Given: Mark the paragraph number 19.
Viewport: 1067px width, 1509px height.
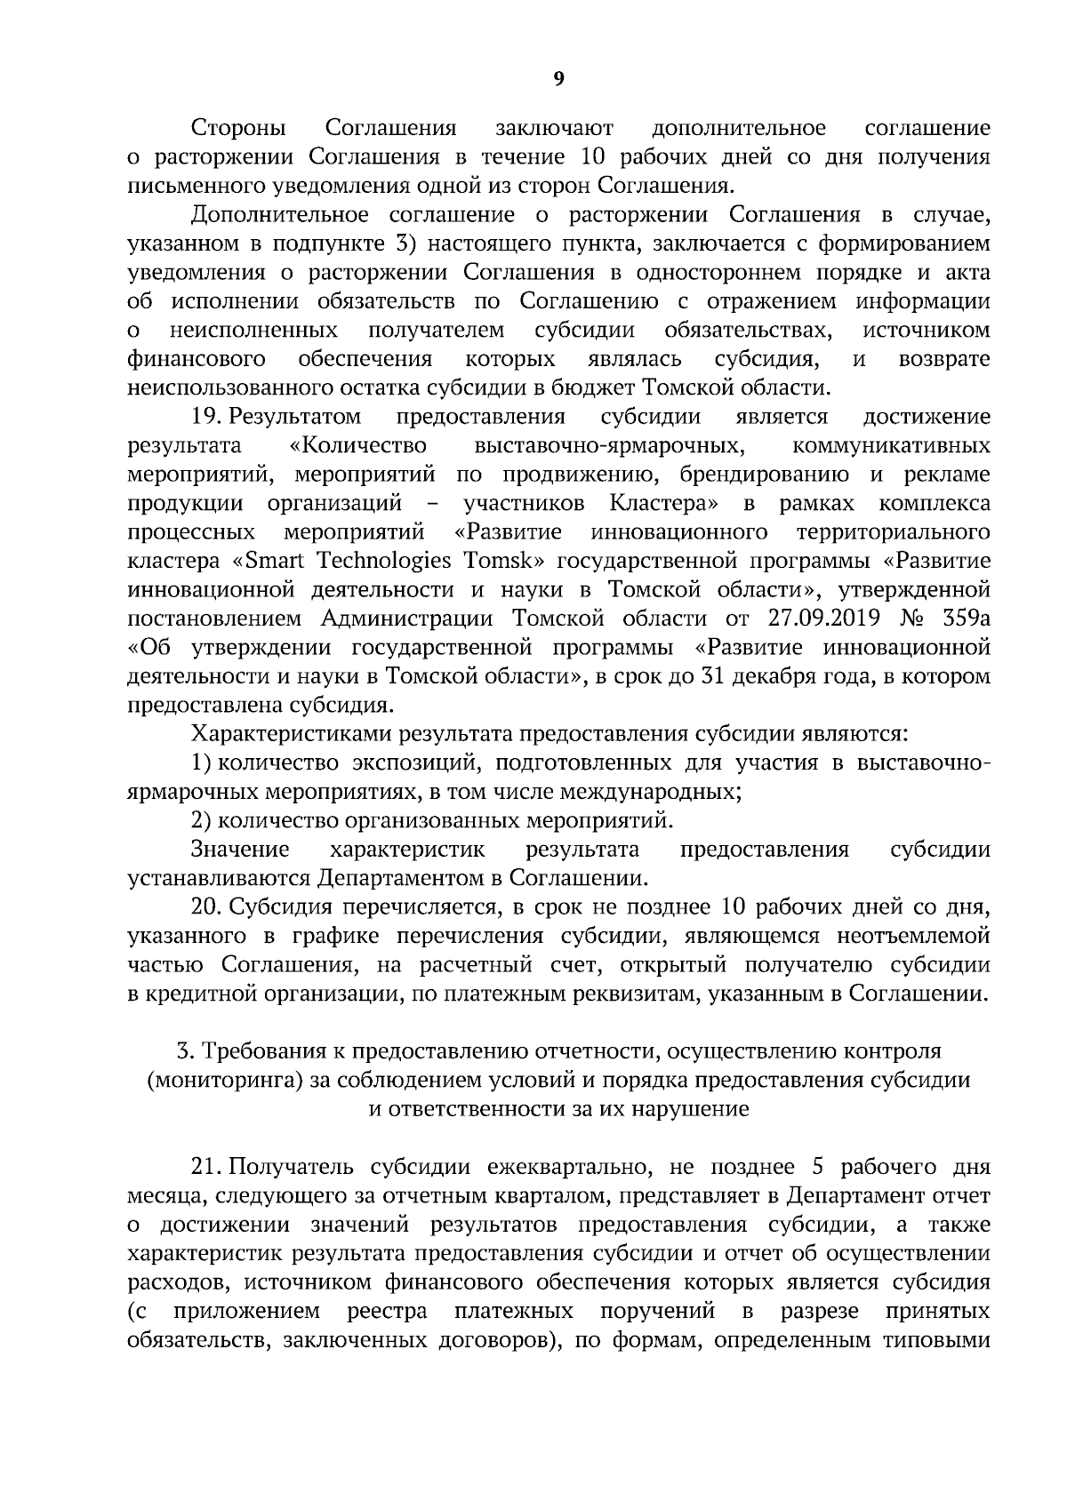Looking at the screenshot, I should click(206, 417).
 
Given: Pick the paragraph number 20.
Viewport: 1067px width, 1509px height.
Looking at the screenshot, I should click(206, 906).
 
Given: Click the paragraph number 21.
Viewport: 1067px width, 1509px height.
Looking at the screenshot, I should click(206, 1167).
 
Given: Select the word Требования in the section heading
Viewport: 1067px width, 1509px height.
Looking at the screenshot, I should click(273, 1051).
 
